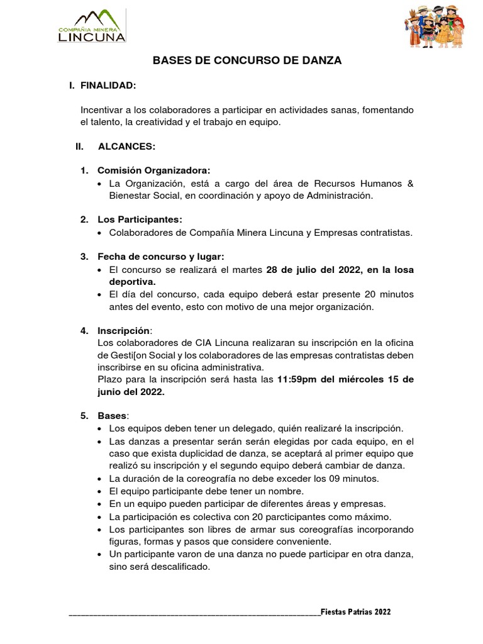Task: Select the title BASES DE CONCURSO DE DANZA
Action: pyautogui.click(x=248, y=60)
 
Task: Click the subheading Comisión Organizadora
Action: pyautogui.click(x=153, y=170)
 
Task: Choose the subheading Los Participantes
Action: pyautogui.click(x=140, y=219)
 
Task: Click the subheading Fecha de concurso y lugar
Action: pyautogui.click(x=160, y=257)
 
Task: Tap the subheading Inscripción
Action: pyautogui.click(x=123, y=330)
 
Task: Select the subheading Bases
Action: pyautogui.click(x=112, y=416)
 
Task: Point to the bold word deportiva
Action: pyautogui.click(x=132, y=282)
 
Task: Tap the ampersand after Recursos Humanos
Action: pyautogui.click(x=411, y=183)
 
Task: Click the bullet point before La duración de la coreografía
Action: pyautogui.click(x=101, y=479)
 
